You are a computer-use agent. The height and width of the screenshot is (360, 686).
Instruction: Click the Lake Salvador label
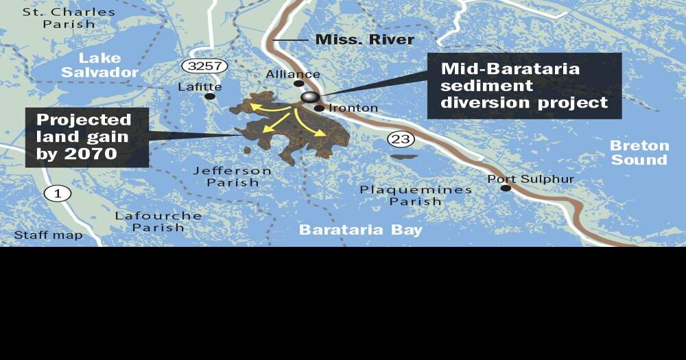pos(99,65)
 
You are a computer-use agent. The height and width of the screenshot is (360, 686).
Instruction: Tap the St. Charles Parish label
pos(69,18)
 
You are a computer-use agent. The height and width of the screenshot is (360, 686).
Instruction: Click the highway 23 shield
pos(401,139)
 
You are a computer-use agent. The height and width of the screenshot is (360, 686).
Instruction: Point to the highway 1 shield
pos(58,193)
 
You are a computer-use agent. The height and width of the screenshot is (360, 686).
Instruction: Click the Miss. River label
pos(364,40)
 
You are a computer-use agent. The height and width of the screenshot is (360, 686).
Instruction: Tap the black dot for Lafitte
pos(209,97)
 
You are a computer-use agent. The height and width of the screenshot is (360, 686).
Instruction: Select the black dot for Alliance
pos(299,84)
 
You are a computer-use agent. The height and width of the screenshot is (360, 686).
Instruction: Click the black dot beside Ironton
pos(320,108)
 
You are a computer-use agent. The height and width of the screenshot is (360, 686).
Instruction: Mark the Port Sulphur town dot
pos(506,188)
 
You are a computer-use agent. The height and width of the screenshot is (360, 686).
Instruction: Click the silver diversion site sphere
pos(310,98)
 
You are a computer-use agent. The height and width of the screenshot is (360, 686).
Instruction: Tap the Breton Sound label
pos(639,153)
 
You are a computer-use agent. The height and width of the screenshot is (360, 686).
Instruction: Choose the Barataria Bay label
pos(360,230)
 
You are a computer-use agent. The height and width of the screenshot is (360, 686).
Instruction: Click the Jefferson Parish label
pos(232,176)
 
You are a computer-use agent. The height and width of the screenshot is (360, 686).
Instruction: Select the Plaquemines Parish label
pos(416,195)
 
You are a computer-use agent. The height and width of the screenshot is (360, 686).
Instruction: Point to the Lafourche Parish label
pos(158,221)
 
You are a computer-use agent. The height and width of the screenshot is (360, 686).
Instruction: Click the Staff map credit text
pos(48,235)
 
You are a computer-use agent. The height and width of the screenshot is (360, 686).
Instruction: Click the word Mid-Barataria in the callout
pos(510,69)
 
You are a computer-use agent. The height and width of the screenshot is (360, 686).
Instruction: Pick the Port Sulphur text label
pos(530,179)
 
